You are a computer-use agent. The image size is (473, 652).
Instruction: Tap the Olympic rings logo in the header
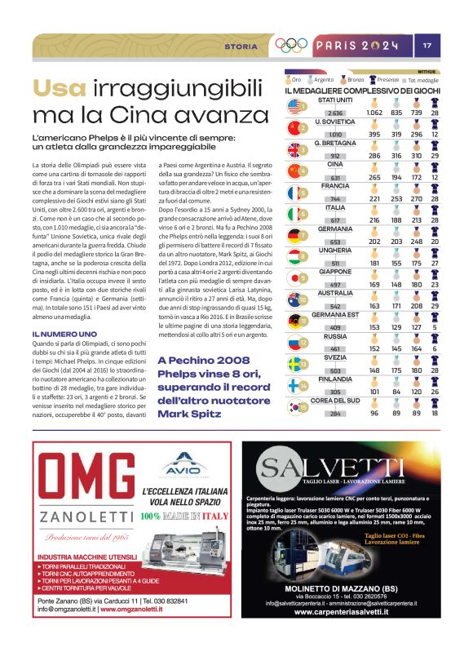291,46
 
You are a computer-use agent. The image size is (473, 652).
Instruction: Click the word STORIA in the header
241,47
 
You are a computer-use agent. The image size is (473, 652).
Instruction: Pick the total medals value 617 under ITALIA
334,220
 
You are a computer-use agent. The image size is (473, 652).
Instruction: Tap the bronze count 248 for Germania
418,241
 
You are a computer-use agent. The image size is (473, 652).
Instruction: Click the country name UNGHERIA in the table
334,251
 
